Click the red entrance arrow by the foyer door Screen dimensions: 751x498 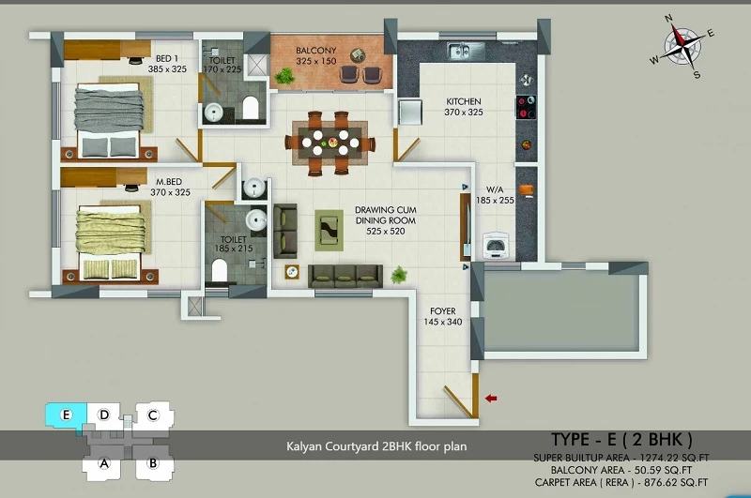pyautogui.click(x=491, y=398)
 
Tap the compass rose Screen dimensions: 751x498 pyautogui.click(x=682, y=46)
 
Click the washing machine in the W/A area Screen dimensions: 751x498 pyautogui.click(x=495, y=246)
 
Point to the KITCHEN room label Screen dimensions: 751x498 pyautogui.click(x=463, y=101)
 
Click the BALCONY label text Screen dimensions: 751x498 pyautogui.click(x=315, y=51)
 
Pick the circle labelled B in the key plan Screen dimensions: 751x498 pyautogui.click(x=153, y=463)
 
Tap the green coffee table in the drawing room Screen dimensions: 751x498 pyautogui.click(x=330, y=230)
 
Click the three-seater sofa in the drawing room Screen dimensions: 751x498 pyautogui.click(x=345, y=276)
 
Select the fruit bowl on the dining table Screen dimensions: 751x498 pyautogui.click(x=332, y=142)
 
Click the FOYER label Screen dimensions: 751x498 pyautogui.click(x=442, y=311)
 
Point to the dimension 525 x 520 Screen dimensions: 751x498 pyautogui.click(x=386, y=231)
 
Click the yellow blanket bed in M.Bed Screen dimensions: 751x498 pyautogui.click(x=111, y=243)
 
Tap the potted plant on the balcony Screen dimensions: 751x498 pyautogui.click(x=284, y=76)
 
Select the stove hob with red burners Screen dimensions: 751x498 pyautogui.click(x=526, y=107)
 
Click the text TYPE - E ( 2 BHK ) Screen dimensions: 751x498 pyautogui.click(x=621, y=439)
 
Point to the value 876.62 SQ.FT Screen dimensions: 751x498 pyautogui.click(x=676, y=482)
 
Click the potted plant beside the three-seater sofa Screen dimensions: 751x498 pyautogui.click(x=398, y=275)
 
